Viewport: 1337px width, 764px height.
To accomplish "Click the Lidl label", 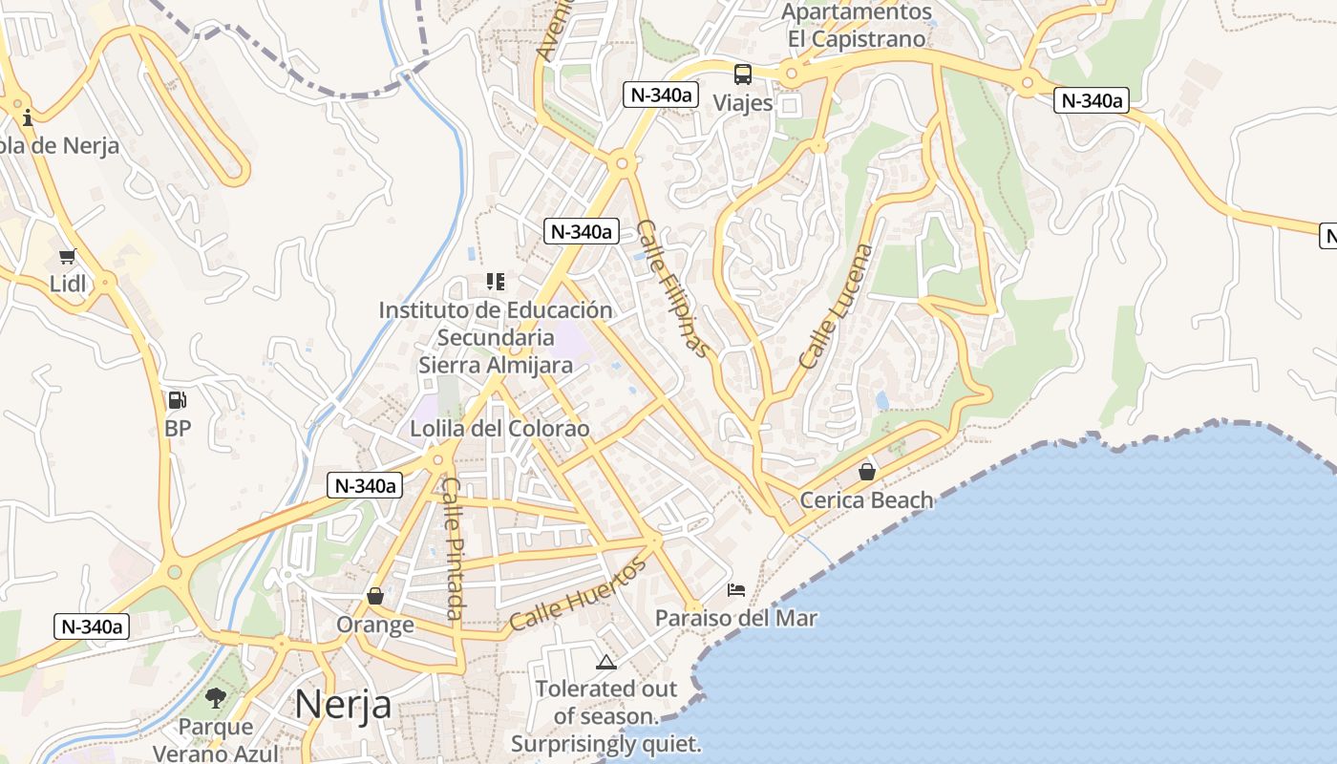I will (x=68, y=284).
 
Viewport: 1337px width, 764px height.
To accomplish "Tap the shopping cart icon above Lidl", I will (x=67, y=256).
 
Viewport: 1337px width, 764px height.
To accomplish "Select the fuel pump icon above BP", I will (x=178, y=400).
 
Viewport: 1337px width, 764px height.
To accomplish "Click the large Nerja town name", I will (x=343, y=705).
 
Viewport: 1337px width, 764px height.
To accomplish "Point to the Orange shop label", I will (x=375, y=625).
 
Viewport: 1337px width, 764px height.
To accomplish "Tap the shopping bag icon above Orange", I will (x=375, y=596).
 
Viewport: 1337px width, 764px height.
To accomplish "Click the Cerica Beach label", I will (x=866, y=499).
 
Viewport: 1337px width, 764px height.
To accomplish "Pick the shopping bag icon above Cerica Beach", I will (x=867, y=472).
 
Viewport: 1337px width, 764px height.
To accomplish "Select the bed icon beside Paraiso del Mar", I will (x=736, y=589).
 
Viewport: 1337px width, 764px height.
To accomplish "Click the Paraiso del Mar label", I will (x=736, y=618).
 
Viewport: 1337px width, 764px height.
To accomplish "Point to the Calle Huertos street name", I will (x=578, y=594).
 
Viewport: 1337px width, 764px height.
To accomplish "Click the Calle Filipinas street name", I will (x=674, y=288).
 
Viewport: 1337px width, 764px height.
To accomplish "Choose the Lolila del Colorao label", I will (x=499, y=429).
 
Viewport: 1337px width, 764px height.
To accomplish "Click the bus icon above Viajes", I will (x=743, y=74).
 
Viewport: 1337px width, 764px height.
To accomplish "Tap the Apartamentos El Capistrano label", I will (x=857, y=26).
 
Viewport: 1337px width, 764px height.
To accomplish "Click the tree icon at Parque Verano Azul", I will (x=216, y=698).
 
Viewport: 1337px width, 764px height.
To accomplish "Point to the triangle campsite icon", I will (x=606, y=661).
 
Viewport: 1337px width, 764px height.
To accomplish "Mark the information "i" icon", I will (x=28, y=117).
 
